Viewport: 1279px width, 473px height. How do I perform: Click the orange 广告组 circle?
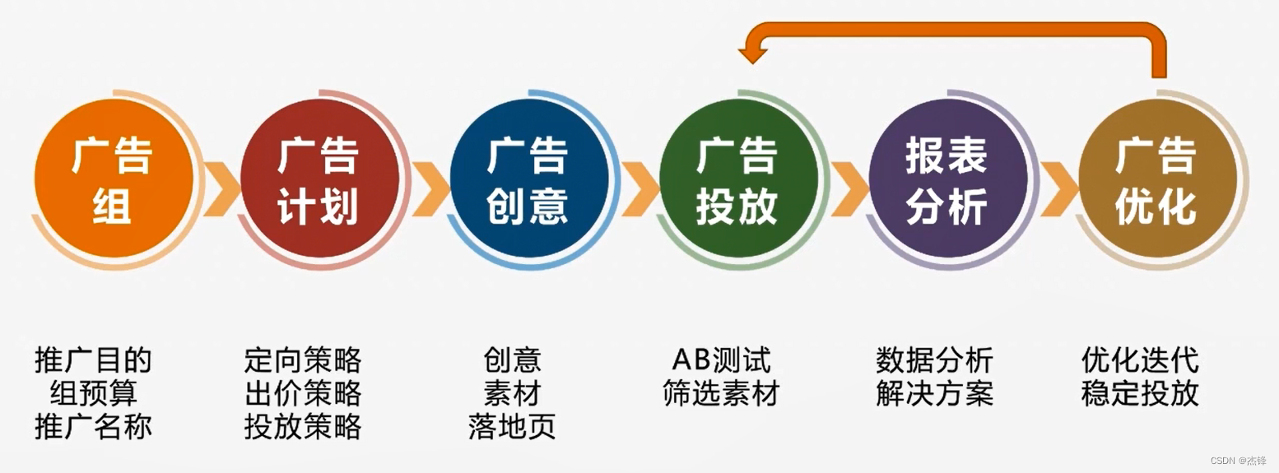click(x=114, y=179)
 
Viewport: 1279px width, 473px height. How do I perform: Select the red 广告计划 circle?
click(x=319, y=179)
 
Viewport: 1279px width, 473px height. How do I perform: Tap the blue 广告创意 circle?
click(x=528, y=179)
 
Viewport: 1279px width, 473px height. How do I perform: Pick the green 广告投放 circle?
click(x=737, y=179)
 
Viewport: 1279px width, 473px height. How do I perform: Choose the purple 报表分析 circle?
click(x=947, y=179)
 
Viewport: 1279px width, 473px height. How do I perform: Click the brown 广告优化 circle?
click(x=1156, y=179)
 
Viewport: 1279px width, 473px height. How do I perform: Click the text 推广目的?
click(x=93, y=360)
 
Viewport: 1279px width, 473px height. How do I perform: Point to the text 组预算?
click(x=93, y=393)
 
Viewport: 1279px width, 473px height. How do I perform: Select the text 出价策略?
click(x=303, y=393)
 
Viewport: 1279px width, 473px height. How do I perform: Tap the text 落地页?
click(x=512, y=426)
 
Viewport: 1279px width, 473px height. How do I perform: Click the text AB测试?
click(x=721, y=360)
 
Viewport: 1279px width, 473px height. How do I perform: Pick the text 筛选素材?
click(x=721, y=393)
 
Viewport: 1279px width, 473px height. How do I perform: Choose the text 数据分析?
click(x=934, y=360)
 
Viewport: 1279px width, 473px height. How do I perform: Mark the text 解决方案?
click(x=934, y=393)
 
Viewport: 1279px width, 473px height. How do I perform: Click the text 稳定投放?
click(x=1140, y=393)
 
